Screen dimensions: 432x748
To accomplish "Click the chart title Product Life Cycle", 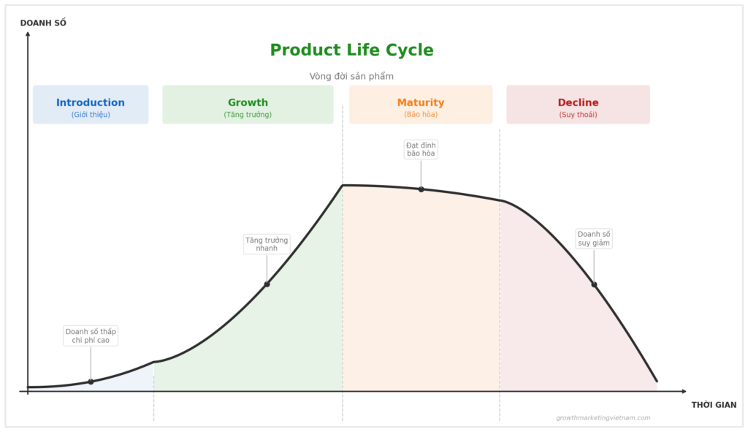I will pyautogui.click(x=351, y=50).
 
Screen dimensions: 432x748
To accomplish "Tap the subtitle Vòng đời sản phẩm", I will pyautogui.click(x=351, y=76).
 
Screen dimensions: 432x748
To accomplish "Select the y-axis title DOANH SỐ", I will pyautogui.click(x=43, y=23).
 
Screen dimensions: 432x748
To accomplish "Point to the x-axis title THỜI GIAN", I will pyautogui.click(x=714, y=405).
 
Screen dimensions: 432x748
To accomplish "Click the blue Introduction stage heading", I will pyautogui.click(x=91, y=102).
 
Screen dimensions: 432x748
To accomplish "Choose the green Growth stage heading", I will pyautogui.click(x=248, y=102).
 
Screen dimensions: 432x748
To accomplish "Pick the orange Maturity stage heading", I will pyautogui.click(x=421, y=102).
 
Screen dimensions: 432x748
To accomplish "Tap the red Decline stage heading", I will pyautogui.click(x=578, y=102).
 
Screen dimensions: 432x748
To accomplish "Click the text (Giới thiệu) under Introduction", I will pyautogui.click(x=91, y=115).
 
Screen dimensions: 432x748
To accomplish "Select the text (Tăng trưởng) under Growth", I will pyautogui.click(x=248, y=115).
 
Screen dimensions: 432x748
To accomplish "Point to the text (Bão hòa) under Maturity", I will pyautogui.click(x=421, y=115).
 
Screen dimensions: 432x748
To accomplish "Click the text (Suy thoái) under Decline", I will pyautogui.click(x=578, y=115).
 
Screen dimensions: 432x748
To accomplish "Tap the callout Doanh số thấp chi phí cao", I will pyautogui.click(x=91, y=336).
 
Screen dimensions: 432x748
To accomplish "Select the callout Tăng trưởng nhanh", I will pyautogui.click(x=267, y=244).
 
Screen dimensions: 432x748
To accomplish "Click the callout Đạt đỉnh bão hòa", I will pyautogui.click(x=421, y=149).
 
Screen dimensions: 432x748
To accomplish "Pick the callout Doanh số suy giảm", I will pyautogui.click(x=594, y=238).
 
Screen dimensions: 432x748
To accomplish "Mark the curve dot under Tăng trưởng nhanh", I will pyautogui.click(x=267, y=284).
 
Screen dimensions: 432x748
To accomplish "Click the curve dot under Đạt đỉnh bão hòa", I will pyautogui.click(x=421, y=189).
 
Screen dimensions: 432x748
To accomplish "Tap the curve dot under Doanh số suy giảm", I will pyautogui.click(x=594, y=284).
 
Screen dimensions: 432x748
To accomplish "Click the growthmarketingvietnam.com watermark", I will pyautogui.click(x=603, y=418).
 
